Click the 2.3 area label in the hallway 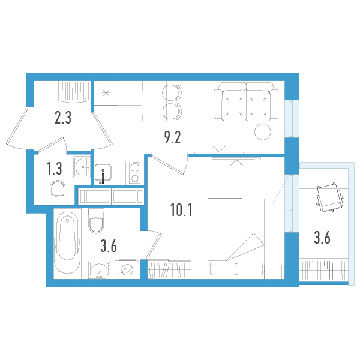pos(63,118)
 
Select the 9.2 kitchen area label pos(172,138)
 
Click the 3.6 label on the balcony pos(322,238)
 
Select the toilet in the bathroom pos(96,223)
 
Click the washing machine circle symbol pos(127,271)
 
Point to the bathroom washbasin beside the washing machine pos(99,271)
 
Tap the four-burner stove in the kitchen pos(133,172)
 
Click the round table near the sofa pos(262,131)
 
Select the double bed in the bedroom pos(236,238)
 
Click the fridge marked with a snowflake pos(106,93)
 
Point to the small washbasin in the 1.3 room pos(80,167)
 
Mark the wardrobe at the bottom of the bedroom pos(169,269)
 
